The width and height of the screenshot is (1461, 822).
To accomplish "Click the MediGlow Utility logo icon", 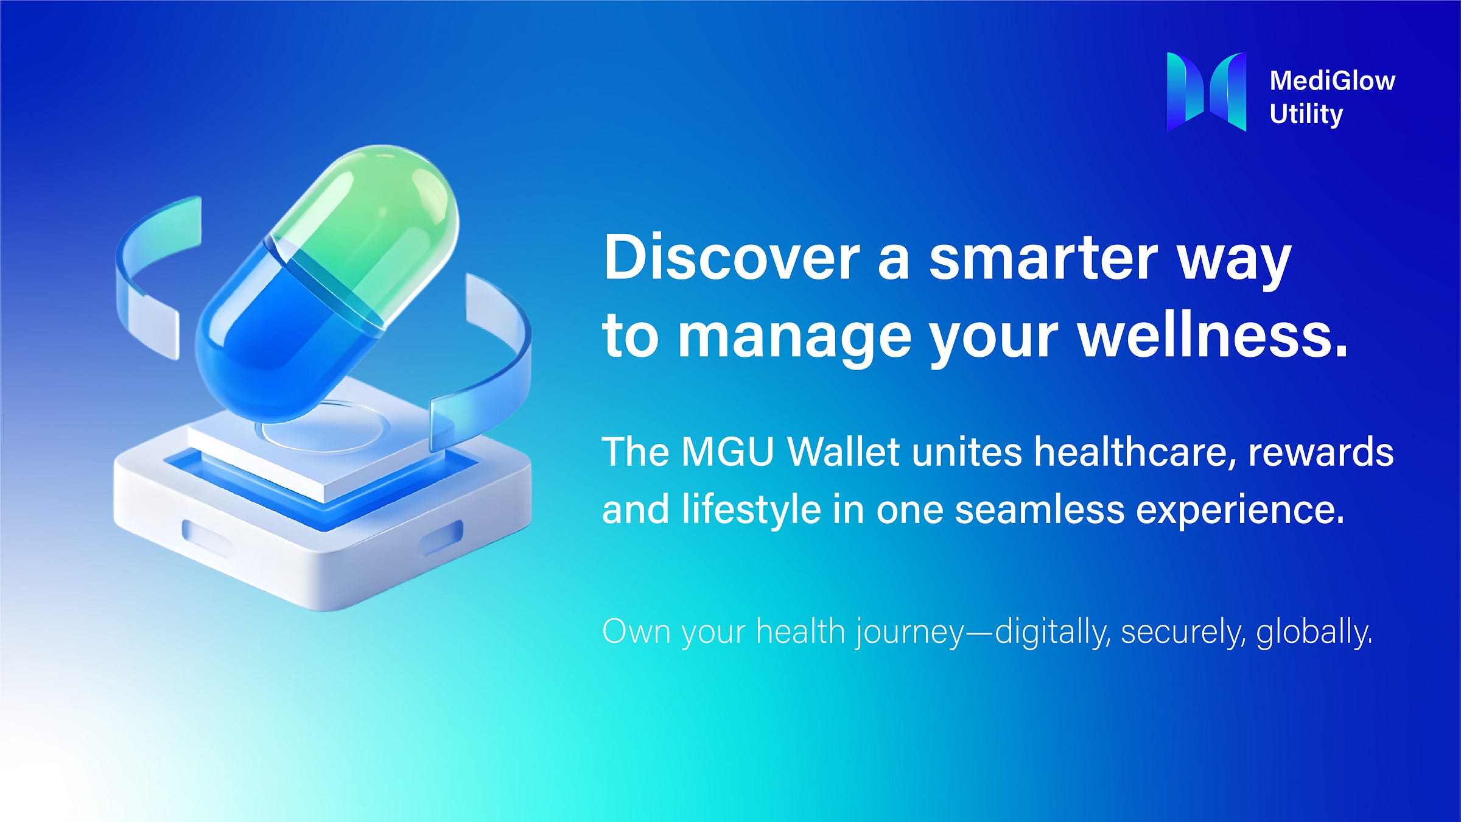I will click(x=1206, y=91).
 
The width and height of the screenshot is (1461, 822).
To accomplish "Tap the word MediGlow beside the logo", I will click(x=1332, y=81).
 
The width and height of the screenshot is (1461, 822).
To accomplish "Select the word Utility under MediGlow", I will click(x=1306, y=114).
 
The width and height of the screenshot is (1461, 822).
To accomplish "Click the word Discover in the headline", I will click(x=730, y=258).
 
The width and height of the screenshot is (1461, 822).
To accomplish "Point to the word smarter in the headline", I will click(x=1043, y=258).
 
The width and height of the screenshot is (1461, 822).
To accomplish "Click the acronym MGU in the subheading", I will click(x=727, y=452).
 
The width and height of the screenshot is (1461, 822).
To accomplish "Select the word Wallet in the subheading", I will click(x=843, y=452).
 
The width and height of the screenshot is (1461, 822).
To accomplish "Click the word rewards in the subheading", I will click(x=1320, y=452).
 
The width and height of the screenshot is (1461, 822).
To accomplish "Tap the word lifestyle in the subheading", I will click(x=751, y=509).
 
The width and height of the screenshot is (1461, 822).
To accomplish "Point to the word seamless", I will click(x=1039, y=509).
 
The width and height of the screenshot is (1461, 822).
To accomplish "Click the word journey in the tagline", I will click(x=910, y=633).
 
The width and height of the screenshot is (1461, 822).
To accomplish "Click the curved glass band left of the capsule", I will click(x=152, y=274).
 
